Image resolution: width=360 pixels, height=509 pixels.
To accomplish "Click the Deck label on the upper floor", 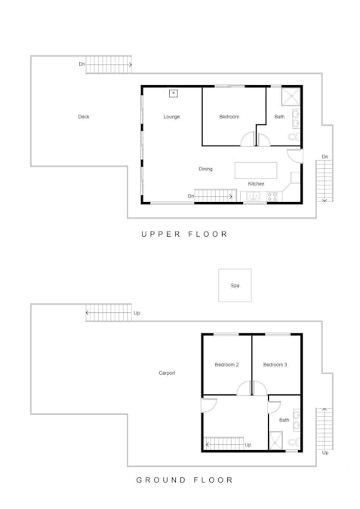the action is point(84,117).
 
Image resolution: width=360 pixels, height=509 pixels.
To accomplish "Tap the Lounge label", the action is point(171,117).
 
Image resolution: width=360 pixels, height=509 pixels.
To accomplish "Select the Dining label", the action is point(205,169).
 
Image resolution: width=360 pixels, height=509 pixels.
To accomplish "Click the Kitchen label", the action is point(256,184).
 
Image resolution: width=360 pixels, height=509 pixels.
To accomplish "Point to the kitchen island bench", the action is point(256,170).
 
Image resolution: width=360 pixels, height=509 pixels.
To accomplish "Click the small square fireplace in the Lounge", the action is point(174,94).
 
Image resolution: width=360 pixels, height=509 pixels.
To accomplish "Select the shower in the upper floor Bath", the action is point(291,97).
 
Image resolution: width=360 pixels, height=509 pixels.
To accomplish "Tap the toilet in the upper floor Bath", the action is point(294,136).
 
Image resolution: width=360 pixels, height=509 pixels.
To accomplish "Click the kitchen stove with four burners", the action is point(272,196).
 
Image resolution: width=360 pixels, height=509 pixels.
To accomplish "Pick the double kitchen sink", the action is point(253,196).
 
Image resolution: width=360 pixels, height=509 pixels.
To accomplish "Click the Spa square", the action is point(235,285).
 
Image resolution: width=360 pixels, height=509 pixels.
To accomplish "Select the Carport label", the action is point(167,373).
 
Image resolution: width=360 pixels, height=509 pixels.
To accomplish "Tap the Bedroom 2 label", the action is point(226,364).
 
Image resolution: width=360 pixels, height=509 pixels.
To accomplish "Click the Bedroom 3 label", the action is point(275,364).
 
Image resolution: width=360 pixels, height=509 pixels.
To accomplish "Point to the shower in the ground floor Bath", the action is point(276,440).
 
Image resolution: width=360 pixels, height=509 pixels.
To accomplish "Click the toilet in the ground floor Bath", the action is point(294,442).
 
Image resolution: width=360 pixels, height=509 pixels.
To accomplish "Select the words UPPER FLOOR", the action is point(184,234).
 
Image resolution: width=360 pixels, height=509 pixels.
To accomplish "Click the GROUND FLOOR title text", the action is point(184,480).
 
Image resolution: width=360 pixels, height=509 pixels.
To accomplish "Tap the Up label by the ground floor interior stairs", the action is point(248,445).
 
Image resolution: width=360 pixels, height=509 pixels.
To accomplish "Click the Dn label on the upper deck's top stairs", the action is point(82,64).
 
